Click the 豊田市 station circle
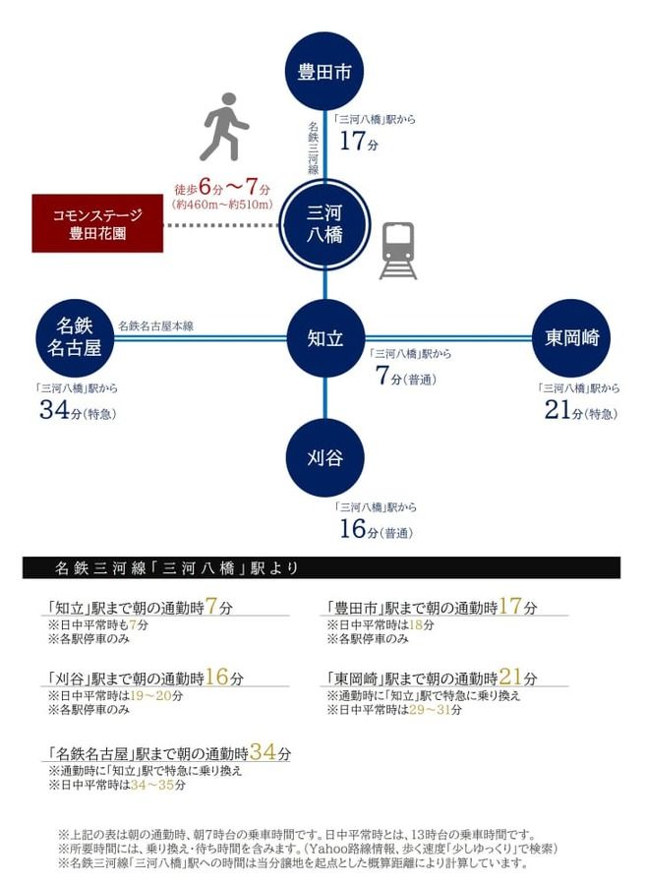pos(323,71)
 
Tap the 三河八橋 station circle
pos(324,224)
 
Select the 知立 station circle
pos(325,338)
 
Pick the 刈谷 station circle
pos(325,457)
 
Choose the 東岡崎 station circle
pos(571,338)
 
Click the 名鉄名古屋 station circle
pos(75,338)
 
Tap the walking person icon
pos(224,127)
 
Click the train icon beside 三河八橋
pos(398,251)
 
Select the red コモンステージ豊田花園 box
pos(97,223)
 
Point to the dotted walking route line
pos(221,225)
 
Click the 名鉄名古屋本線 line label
pos(155,325)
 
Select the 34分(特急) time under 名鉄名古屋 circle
pos(78,410)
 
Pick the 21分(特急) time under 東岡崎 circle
pos(580,410)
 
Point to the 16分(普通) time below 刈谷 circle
pos(376,529)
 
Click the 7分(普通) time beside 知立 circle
pos(406,376)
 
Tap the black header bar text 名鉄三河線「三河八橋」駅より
pos(177,567)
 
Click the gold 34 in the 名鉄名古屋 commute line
pos(263,752)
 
